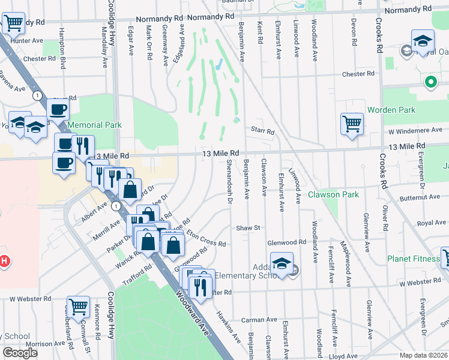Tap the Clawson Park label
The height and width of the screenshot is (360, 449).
[333, 194]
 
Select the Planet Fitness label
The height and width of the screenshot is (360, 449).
[411, 259]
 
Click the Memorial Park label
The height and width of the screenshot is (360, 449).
[95, 125]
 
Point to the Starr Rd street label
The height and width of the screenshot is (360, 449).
[262, 131]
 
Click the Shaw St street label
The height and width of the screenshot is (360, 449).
[247, 228]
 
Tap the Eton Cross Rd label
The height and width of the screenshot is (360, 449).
[206, 238]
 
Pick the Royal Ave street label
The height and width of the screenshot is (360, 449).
[432, 223]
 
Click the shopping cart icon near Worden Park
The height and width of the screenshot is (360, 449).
[352, 124]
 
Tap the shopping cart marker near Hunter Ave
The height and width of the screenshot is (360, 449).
[13, 24]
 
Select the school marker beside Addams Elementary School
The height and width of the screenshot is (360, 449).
[282, 263]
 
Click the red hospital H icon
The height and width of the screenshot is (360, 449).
[4, 262]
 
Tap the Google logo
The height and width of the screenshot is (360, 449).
[20, 353]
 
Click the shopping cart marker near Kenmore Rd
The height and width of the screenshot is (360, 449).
[79, 307]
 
